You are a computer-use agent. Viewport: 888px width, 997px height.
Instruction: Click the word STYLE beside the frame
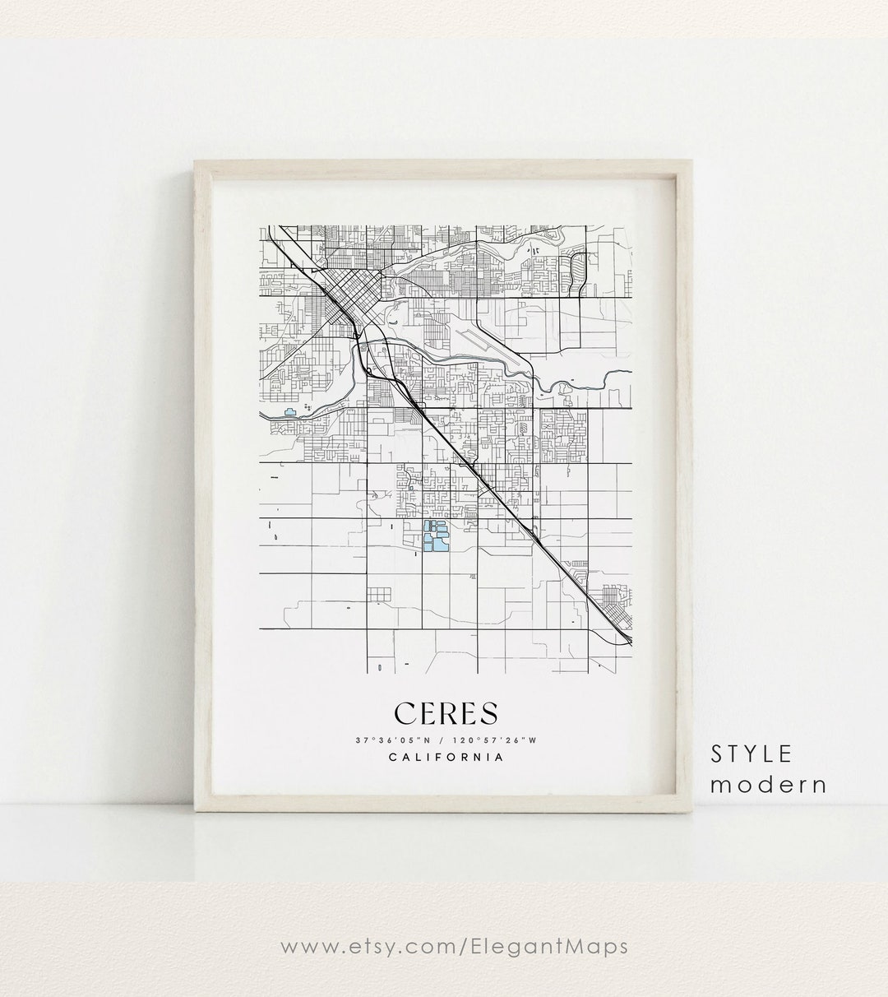pos(753,754)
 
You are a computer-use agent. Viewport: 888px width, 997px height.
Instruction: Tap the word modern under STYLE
pos(768,784)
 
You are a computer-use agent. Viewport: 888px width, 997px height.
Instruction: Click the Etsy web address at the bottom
pos(444,946)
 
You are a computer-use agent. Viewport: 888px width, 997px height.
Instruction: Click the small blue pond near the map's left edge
pos(289,413)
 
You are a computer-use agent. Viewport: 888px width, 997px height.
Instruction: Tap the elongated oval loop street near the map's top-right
pos(578,269)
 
